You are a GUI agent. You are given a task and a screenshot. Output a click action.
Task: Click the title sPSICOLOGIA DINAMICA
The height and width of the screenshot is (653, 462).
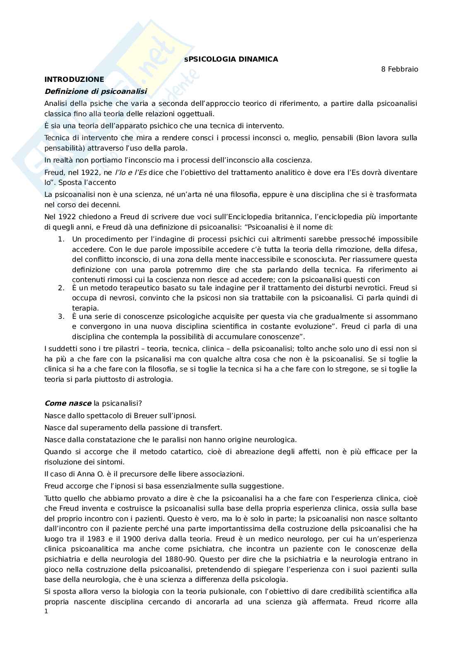click(x=231, y=59)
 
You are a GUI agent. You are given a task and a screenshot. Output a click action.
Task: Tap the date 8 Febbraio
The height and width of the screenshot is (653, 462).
click(x=399, y=69)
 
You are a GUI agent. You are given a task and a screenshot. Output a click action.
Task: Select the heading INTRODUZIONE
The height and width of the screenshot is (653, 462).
click(x=74, y=79)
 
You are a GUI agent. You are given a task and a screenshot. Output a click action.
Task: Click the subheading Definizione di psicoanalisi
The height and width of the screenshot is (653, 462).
click(x=96, y=91)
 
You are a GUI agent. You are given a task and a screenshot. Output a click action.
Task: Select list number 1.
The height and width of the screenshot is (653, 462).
click(x=61, y=239)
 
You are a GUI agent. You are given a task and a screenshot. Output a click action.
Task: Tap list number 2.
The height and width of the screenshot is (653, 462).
click(x=61, y=288)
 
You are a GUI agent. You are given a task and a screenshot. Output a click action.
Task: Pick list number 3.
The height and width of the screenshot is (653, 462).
click(x=61, y=316)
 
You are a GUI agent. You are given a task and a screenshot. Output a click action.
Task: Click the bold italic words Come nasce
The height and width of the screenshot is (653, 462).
click(x=68, y=403)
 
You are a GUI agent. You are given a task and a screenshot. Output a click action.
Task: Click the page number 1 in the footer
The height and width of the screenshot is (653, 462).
click(x=46, y=611)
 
